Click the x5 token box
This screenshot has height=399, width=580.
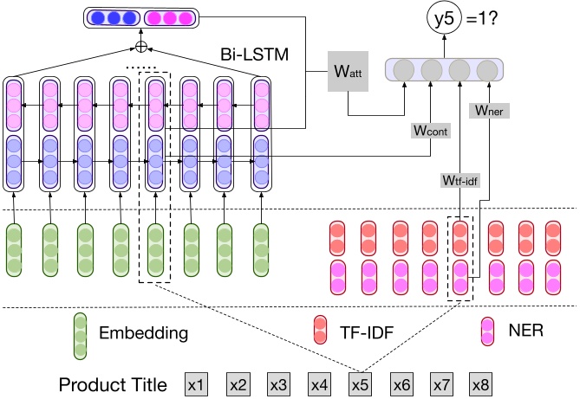(x=360, y=383)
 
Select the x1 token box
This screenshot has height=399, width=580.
(x=198, y=383)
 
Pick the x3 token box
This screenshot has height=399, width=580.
(x=278, y=383)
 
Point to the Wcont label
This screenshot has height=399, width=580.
(x=429, y=132)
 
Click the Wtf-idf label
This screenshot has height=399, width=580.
(x=459, y=180)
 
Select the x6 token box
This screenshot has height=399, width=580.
(x=401, y=383)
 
